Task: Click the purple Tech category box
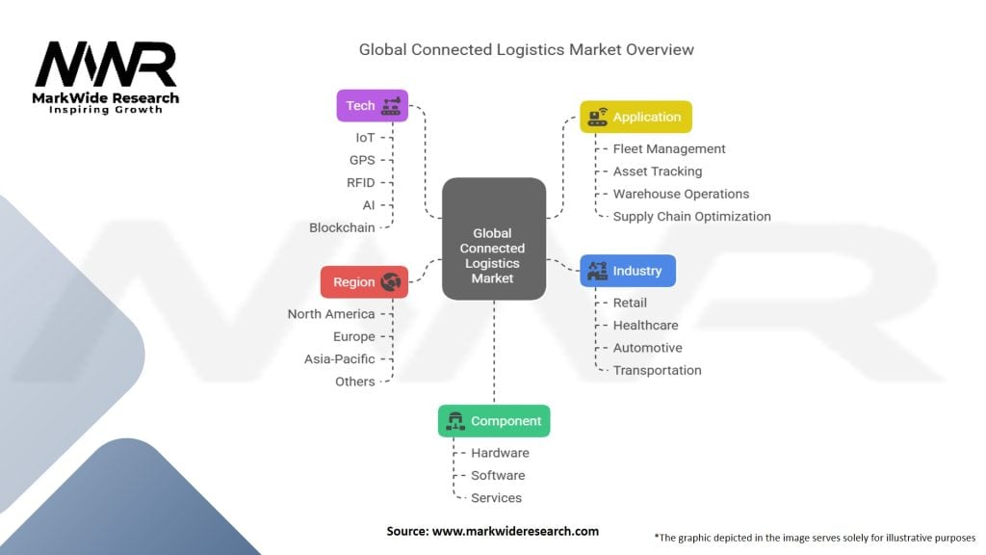373,105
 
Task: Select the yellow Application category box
636,117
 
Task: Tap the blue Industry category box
628,271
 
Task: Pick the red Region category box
364,282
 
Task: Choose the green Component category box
494,421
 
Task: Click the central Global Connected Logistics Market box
494,239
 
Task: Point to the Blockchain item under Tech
342,227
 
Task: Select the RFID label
361,182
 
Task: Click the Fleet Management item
669,148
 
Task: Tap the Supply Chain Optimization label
691,217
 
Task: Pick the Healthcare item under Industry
646,326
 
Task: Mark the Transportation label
657,371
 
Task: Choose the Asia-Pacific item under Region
340,359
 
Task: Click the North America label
331,314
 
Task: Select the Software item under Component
498,476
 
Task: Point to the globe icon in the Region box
391,282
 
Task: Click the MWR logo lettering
106,65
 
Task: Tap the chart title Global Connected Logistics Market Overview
527,50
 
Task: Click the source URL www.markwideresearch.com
516,531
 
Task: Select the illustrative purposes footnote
815,538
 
